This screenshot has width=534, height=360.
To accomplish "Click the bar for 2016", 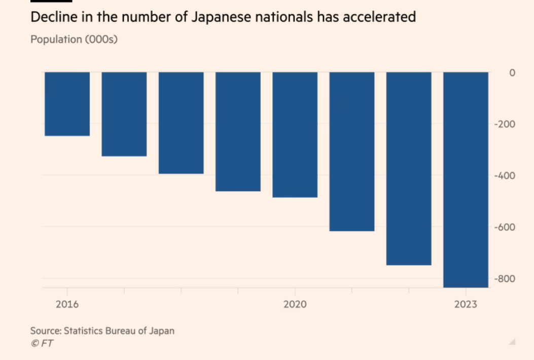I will coord(67,104).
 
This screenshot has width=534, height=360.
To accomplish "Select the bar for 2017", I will coord(124,114).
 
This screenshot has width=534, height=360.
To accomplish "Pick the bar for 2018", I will coord(181,123).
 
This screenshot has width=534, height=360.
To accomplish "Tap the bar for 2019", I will coord(238,131).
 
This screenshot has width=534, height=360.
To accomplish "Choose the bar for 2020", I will coord(295,134).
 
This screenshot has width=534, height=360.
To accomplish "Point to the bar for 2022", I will coord(409,168).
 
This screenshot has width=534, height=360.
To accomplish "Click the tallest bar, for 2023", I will coord(466,179).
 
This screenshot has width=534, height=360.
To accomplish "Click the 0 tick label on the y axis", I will coord(512,73).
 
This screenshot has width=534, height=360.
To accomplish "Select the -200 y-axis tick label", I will coord(505,124).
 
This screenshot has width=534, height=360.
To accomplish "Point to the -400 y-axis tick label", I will coord(505,176).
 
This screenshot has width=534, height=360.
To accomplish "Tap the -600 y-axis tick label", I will coord(505,227).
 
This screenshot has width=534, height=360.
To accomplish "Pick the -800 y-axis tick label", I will coord(505,279).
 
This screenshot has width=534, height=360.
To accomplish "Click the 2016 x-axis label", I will coord(67,304).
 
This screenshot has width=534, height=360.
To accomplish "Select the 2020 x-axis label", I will coord(295,304).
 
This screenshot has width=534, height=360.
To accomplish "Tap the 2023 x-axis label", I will coord(466,304).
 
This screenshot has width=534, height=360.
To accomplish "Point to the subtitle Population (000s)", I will coord(74,39).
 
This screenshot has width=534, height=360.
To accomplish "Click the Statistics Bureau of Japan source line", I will coord(102,331).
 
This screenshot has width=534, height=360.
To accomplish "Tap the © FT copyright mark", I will coord(42,343).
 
